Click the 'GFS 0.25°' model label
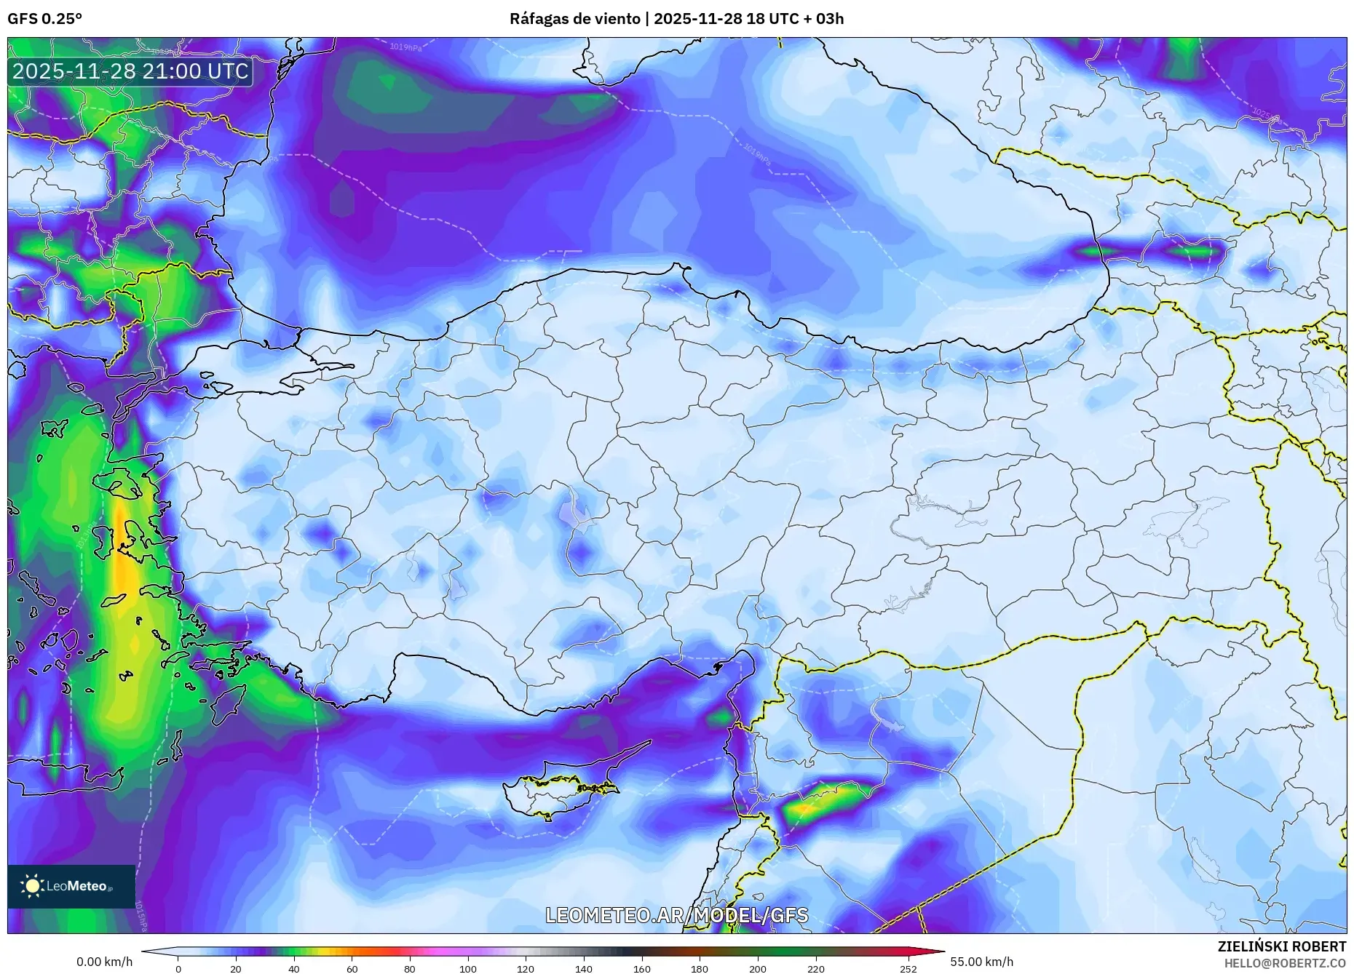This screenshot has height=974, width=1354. pyautogui.click(x=44, y=19)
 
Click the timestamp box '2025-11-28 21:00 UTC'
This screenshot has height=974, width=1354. pyautogui.click(x=131, y=71)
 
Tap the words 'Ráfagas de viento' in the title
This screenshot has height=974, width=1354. pyautogui.click(x=574, y=19)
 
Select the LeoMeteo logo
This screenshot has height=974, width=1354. pyautogui.click(x=71, y=886)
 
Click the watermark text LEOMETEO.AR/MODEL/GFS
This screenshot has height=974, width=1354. pyautogui.click(x=676, y=915)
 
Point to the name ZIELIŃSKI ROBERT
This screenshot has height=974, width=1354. pyautogui.click(x=1281, y=946)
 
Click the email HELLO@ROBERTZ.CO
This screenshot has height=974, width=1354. pyautogui.click(x=1285, y=963)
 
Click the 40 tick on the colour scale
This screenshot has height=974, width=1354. pyautogui.click(x=293, y=968)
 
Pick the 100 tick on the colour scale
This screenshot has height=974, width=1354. pyautogui.click(x=468, y=968)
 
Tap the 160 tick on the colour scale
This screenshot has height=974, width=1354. pyautogui.click(x=641, y=968)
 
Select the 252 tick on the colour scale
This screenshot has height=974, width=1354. pyautogui.click(x=908, y=968)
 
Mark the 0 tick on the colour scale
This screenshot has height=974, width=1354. pyautogui.click(x=178, y=968)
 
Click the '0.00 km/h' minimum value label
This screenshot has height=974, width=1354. pyautogui.click(x=105, y=962)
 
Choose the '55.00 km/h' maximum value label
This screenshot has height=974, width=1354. pyautogui.click(x=981, y=962)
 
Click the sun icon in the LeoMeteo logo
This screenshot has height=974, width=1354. pyautogui.click(x=32, y=886)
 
